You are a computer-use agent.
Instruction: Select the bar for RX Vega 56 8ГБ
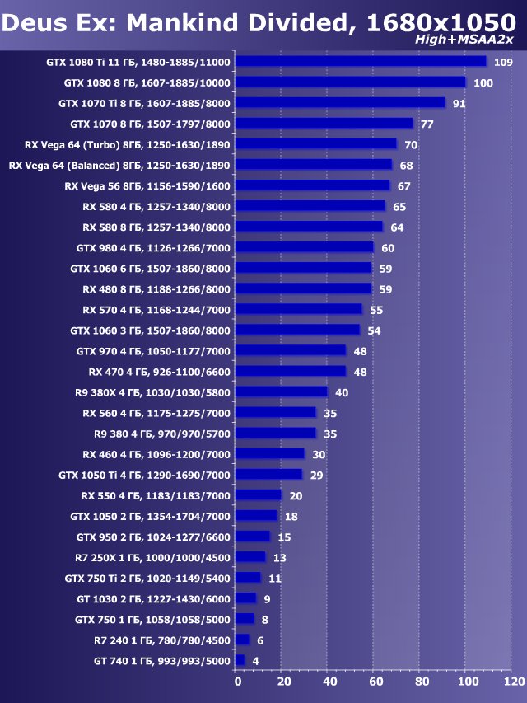pos(313,185)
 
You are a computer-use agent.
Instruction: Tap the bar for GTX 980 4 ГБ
pos(305,247)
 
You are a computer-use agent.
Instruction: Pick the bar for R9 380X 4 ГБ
pos(282,392)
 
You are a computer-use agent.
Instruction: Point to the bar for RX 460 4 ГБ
pos(270,454)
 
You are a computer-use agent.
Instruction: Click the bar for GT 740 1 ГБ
pos(240,660)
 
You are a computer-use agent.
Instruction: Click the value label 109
pos(504,63)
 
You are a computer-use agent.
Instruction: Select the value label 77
pos(427,124)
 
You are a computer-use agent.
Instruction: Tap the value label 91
pos(459,104)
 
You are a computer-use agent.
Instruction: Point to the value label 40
pos(342,392)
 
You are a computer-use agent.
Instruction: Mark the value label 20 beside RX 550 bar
pos(296,495)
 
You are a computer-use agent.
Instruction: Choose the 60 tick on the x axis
pos(375,682)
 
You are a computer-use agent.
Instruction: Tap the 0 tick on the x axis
pos(237,682)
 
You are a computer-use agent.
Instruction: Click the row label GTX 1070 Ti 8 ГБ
pos(145,104)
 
